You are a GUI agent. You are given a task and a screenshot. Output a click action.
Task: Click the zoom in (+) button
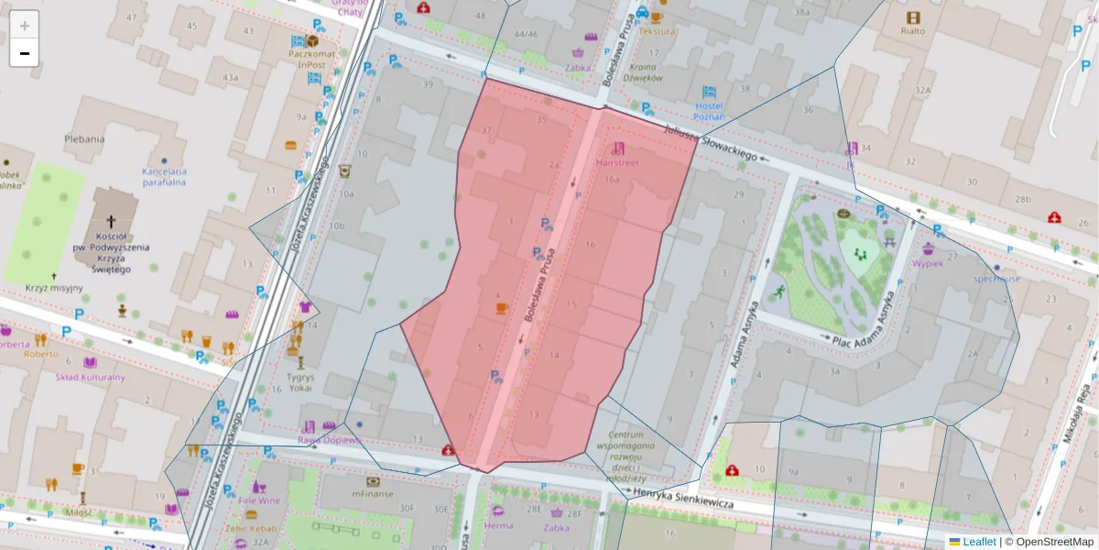pos(25,25)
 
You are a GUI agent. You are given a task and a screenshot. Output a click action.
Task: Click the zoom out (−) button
pos(25,53)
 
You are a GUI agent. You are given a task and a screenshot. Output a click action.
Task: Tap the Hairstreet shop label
pos(616,162)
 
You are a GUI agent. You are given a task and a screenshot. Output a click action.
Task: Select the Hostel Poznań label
pos(709,111)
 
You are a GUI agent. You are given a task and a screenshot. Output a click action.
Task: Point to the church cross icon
pos(112,222)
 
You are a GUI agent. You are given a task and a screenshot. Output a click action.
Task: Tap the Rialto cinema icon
pos(912,17)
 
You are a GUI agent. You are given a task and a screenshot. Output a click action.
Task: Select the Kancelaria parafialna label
pos(164,176)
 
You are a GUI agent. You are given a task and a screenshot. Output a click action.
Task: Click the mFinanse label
pos(372,494)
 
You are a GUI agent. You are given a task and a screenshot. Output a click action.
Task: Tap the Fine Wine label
pos(259,501)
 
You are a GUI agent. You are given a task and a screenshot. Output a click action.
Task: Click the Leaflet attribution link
pos(979,542)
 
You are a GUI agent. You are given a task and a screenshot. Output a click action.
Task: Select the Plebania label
pos(84,138)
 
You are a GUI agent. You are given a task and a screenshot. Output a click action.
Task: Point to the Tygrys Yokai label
pos(299,381)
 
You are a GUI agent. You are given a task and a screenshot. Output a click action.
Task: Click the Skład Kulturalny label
pos(90,377)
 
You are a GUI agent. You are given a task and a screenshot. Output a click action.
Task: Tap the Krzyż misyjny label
pos(54,288)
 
